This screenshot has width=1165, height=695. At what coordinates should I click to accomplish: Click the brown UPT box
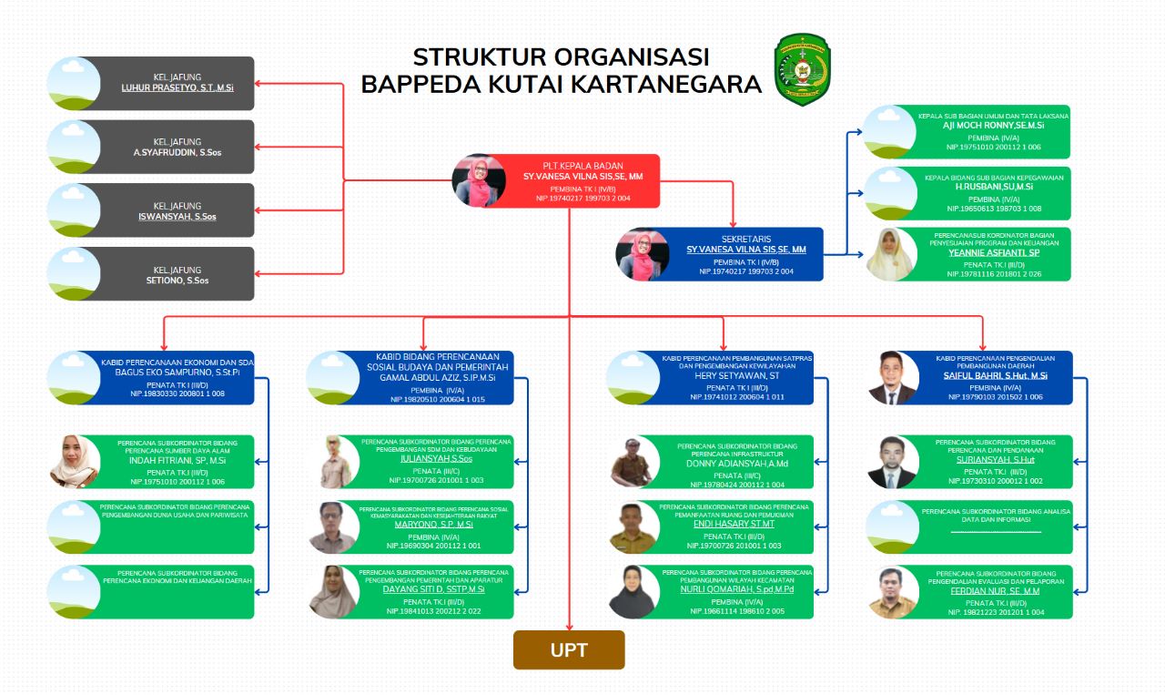pos(569,650)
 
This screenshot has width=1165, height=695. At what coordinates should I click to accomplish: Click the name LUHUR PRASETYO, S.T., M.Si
pos(177,88)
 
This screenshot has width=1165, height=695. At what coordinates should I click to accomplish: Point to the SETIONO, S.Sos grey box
pos(151,273)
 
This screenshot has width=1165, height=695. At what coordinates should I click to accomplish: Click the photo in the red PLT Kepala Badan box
pos(480,180)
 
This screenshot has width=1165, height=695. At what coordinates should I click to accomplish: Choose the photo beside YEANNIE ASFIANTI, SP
pos(889,254)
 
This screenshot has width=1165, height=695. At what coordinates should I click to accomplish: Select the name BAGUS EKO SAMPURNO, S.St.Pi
pos(177,373)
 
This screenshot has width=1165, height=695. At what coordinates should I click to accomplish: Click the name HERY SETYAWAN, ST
pos(736,374)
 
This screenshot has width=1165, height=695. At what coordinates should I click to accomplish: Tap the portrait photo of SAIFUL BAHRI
pos(892,378)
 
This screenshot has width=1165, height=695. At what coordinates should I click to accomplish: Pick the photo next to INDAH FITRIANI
pos(74,462)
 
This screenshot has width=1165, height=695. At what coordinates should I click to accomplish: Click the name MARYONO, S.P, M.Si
pos(433,525)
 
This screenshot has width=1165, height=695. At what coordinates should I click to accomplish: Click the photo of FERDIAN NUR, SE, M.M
pos(892,592)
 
